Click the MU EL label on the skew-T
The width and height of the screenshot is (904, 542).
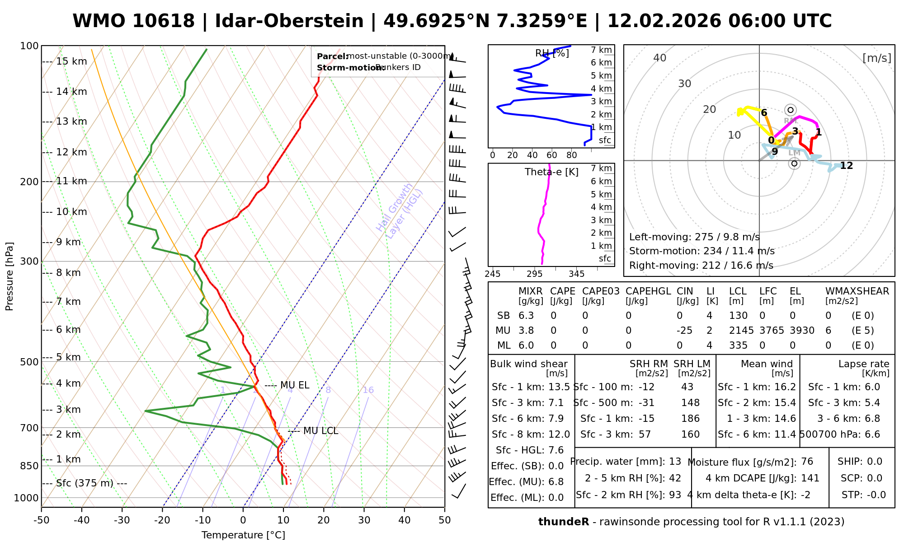(x=295, y=385)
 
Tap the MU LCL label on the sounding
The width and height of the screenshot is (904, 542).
(x=320, y=431)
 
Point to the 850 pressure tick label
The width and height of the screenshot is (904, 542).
(x=29, y=466)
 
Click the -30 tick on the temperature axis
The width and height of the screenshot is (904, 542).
(x=122, y=520)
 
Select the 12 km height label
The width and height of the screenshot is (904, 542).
(x=71, y=152)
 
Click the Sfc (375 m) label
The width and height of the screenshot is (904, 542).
(x=85, y=483)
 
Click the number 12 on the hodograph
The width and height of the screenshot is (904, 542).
(x=846, y=166)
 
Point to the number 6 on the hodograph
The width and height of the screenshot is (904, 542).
(x=764, y=113)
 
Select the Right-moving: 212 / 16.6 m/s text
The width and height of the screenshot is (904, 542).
(x=701, y=266)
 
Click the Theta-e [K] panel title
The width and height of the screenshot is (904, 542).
(x=551, y=172)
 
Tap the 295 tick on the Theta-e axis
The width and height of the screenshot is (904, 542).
(x=534, y=274)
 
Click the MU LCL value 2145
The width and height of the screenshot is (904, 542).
(x=741, y=331)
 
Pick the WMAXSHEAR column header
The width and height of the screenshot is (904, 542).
(x=857, y=291)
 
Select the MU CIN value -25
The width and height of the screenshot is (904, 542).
(x=684, y=331)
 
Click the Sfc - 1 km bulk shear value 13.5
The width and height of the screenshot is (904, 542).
(x=559, y=387)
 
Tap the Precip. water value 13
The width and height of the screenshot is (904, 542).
(x=675, y=462)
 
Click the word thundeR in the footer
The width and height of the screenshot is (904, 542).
(x=563, y=522)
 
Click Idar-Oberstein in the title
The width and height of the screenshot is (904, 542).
(x=289, y=21)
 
